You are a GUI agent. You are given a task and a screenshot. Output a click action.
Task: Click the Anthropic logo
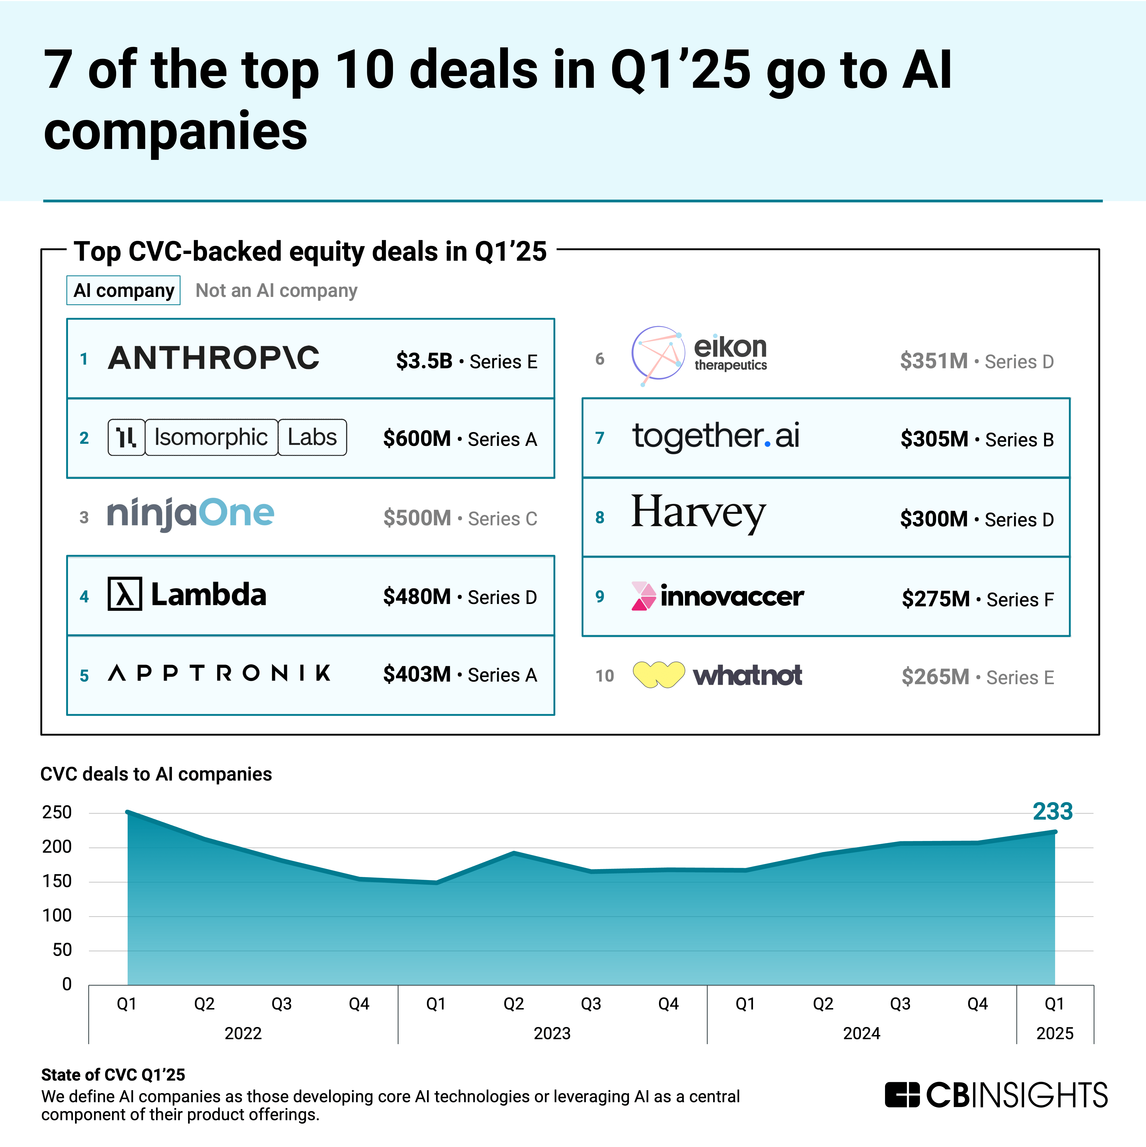(x=214, y=358)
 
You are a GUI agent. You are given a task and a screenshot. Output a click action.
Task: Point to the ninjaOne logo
(x=190, y=514)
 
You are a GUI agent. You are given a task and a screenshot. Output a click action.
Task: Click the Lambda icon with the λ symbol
(x=125, y=594)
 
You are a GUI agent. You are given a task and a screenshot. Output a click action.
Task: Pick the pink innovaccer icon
(x=643, y=596)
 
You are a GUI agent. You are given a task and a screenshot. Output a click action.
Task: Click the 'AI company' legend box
(x=123, y=290)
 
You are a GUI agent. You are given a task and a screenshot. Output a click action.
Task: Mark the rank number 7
(x=600, y=438)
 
